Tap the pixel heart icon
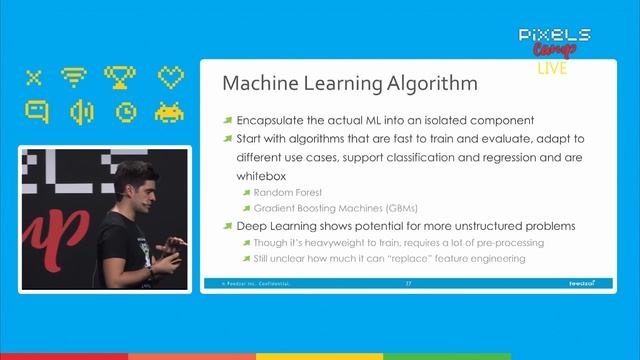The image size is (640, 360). [171, 77]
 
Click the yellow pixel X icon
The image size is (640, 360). [34, 77]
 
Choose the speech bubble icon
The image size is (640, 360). [35, 112]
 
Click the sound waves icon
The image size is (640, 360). [80, 112]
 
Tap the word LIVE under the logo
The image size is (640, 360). [552, 69]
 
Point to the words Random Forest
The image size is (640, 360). [288, 192]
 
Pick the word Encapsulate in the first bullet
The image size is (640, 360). [276, 120]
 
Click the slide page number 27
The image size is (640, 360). [408, 284]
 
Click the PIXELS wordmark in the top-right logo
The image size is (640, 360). [554, 35]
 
